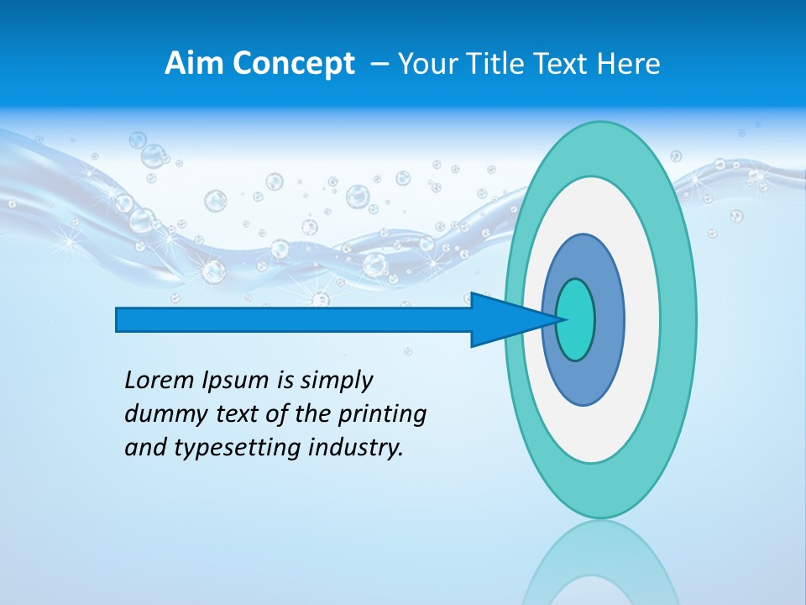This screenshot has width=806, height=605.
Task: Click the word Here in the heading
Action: click(629, 64)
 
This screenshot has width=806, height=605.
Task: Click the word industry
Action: click(356, 448)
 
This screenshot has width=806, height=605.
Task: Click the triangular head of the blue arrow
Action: click(504, 320)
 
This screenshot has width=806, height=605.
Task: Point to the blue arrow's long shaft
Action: click(294, 320)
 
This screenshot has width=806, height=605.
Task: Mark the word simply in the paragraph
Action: click(336, 381)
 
